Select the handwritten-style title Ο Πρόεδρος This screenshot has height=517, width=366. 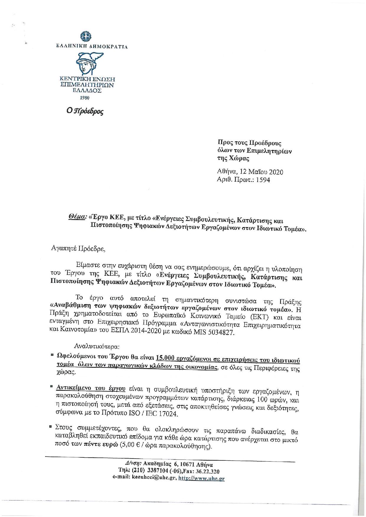pos(85,111)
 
